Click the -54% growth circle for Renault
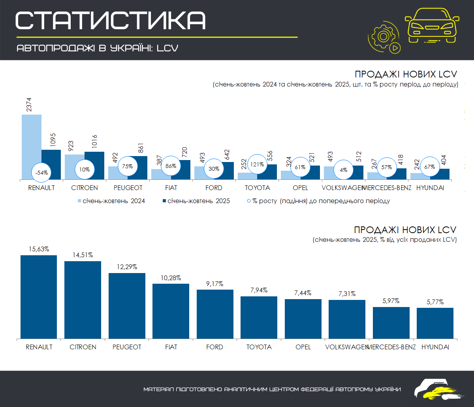[41, 173]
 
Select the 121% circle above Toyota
[257, 164]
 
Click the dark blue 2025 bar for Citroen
[94, 166]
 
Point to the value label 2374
[29, 105]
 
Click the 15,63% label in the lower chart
[39, 249]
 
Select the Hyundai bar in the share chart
[435, 323]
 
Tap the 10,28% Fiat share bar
[171, 311]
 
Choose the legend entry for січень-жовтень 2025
[196, 201]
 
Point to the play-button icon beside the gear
[395, 48]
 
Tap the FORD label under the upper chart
[214, 188]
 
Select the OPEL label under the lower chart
[303, 347]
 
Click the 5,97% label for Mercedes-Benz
[391, 301]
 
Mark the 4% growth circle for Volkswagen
[344, 170]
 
